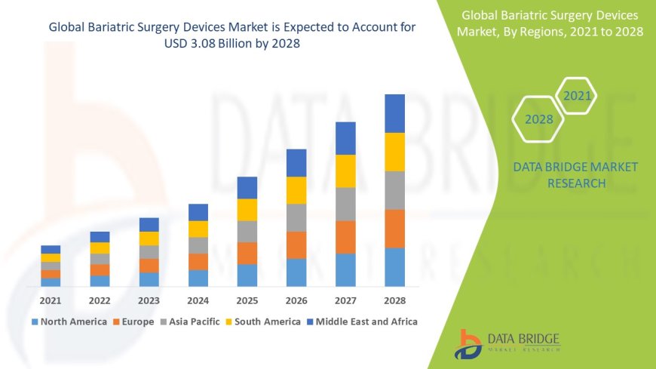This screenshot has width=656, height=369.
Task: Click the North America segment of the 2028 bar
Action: [394, 267]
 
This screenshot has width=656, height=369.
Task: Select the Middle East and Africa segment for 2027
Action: [345, 138]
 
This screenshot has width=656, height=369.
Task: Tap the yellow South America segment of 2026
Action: [296, 190]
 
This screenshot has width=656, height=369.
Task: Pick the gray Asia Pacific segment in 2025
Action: [247, 231]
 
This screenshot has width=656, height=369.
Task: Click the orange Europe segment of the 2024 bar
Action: [198, 261]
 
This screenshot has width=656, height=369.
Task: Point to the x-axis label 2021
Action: [51, 300]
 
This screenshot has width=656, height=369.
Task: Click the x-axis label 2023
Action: [149, 300]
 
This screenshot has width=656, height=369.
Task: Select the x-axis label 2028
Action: [394, 300]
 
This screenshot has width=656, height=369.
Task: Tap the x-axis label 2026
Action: [296, 300]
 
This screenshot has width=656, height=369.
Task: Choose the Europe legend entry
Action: [133, 321]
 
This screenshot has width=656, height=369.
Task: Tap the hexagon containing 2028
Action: [538, 119]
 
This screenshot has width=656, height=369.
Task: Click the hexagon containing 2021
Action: [578, 96]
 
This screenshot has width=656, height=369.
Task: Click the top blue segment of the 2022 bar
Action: [100, 237]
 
